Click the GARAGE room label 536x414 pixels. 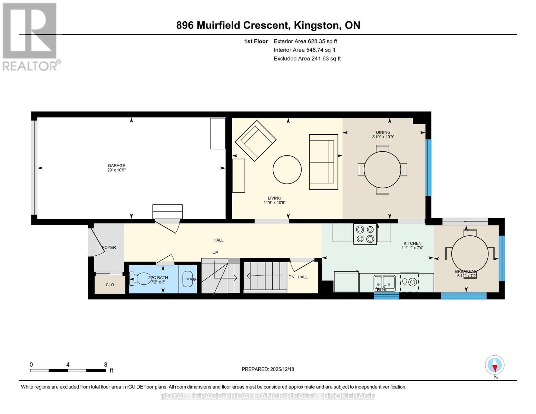click(116, 166)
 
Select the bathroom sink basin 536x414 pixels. click(188, 279)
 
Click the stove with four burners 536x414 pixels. click(365, 234)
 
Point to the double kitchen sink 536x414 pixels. click(384, 283)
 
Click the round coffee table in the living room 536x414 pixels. click(287, 169)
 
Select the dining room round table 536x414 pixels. click(382, 170)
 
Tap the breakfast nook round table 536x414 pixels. click(470, 254)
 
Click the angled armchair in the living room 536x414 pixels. click(255, 140)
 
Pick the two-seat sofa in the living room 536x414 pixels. click(324, 162)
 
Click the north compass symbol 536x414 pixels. click(495, 365)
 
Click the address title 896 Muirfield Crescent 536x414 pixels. click(232, 26)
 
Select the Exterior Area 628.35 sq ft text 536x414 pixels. click(305, 41)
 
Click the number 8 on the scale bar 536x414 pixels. click(106, 365)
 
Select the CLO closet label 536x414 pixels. click(110, 285)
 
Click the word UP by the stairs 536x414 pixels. click(215, 253)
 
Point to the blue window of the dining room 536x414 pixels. click(428, 168)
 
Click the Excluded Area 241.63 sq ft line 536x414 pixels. click(307, 59)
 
